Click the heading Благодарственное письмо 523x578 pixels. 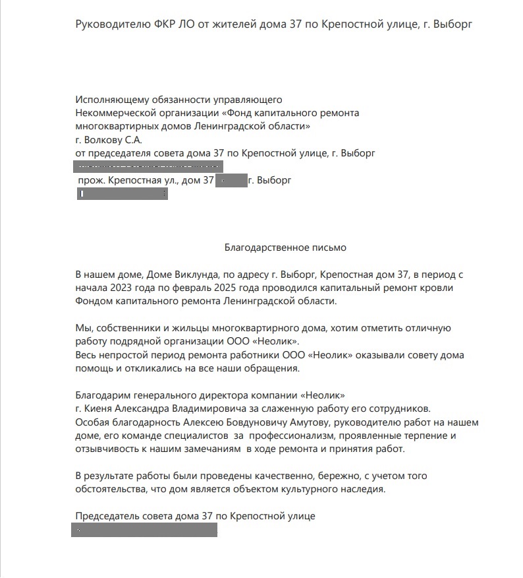285,248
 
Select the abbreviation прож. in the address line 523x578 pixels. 90,180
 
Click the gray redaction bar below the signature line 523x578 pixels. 144,530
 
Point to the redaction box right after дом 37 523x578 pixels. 231,180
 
